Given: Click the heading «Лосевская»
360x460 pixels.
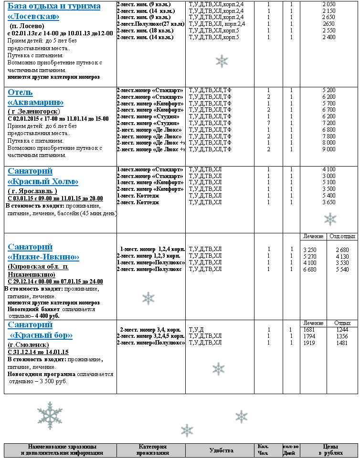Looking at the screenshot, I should (x=33, y=17).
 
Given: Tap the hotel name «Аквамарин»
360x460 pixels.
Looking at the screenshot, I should (x=36, y=102).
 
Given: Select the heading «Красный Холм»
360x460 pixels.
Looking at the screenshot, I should (x=43, y=181).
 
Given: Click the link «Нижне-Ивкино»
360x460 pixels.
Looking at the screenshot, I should (x=43, y=257).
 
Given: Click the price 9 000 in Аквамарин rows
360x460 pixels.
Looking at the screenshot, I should (x=329, y=149).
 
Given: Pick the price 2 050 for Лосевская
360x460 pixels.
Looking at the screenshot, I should (x=329, y=4).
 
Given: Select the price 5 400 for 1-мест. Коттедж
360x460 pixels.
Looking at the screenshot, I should (x=329, y=196).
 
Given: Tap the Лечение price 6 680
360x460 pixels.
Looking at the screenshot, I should (x=310, y=270).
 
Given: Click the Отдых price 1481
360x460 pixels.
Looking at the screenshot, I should (x=341, y=343).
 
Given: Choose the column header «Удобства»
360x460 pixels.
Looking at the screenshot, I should (x=221, y=450).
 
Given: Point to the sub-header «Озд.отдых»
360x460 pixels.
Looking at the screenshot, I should (x=342, y=237).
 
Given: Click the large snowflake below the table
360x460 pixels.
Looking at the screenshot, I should (x=50, y=415).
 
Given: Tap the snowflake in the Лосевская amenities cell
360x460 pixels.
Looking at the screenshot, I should (x=222, y=61).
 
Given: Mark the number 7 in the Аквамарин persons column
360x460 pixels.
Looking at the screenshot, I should (x=268, y=123).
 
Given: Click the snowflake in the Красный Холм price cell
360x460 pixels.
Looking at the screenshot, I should (x=330, y=219).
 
